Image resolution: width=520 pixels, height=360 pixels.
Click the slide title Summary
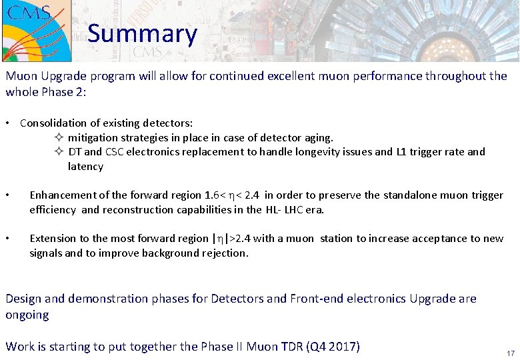coord(142,33)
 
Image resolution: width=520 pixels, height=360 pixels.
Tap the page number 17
coord(510,353)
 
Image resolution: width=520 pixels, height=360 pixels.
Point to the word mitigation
coord(93,138)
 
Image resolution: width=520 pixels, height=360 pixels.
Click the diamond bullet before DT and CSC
coord(58,152)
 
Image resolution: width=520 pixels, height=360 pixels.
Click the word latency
coord(85,167)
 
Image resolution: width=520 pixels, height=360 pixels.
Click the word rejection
coord(223,253)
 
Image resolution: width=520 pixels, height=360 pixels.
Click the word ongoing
coord(27,315)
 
